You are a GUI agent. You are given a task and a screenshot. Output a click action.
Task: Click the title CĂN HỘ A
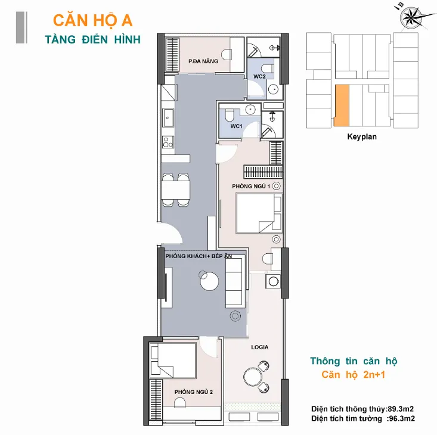point(92,21)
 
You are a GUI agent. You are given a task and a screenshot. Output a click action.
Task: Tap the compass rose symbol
point(413,17)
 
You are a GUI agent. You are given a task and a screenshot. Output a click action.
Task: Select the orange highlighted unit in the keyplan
point(342,105)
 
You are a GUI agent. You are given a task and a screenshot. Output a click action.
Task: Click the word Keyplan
point(362,136)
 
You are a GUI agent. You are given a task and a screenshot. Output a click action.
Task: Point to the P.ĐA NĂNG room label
point(203,61)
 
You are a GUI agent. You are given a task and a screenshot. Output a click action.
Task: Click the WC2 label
point(259,76)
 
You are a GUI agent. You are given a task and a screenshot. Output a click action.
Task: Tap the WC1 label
point(236,126)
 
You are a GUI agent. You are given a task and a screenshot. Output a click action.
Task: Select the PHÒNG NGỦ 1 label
point(251,187)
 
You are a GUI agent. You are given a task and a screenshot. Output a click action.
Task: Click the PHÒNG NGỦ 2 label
point(193,392)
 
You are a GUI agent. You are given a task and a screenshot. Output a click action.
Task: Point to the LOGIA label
point(260,347)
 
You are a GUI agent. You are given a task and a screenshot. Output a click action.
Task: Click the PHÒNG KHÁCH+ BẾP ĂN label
point(199,256)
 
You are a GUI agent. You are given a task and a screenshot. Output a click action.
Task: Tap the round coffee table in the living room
point(209,281)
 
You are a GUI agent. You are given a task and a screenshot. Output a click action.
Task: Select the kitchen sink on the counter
point(168,118)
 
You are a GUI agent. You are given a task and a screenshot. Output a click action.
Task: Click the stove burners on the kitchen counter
point(168,142)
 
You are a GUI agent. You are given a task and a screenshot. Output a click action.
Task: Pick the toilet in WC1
point(230,115)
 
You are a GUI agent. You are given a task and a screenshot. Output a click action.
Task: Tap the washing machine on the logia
point(274,281)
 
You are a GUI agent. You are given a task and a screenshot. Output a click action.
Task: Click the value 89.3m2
point(401,409)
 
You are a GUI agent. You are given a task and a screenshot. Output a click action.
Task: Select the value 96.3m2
point(402,418)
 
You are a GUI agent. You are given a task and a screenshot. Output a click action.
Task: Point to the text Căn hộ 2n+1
point(353,375)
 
